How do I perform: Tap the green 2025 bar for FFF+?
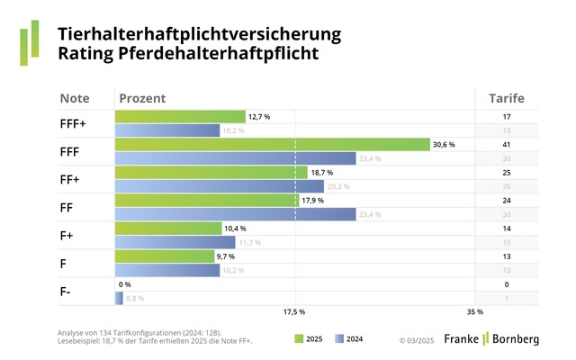point(180,116)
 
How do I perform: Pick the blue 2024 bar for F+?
point(175,242)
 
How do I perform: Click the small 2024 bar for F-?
point(119,298)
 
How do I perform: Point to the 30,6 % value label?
point(444,144)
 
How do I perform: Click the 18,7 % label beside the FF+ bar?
point(321,172)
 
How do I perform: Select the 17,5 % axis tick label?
point(294,312)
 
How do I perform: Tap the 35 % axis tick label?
point(474,312)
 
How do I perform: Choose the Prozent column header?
point(143,98)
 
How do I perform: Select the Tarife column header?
point(506,98)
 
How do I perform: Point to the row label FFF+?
point(73,123)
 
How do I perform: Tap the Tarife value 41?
point(506,144)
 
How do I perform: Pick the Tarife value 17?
point(506,116)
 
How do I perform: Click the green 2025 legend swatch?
point(300,339)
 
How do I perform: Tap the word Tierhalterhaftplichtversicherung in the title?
point(200,34)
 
